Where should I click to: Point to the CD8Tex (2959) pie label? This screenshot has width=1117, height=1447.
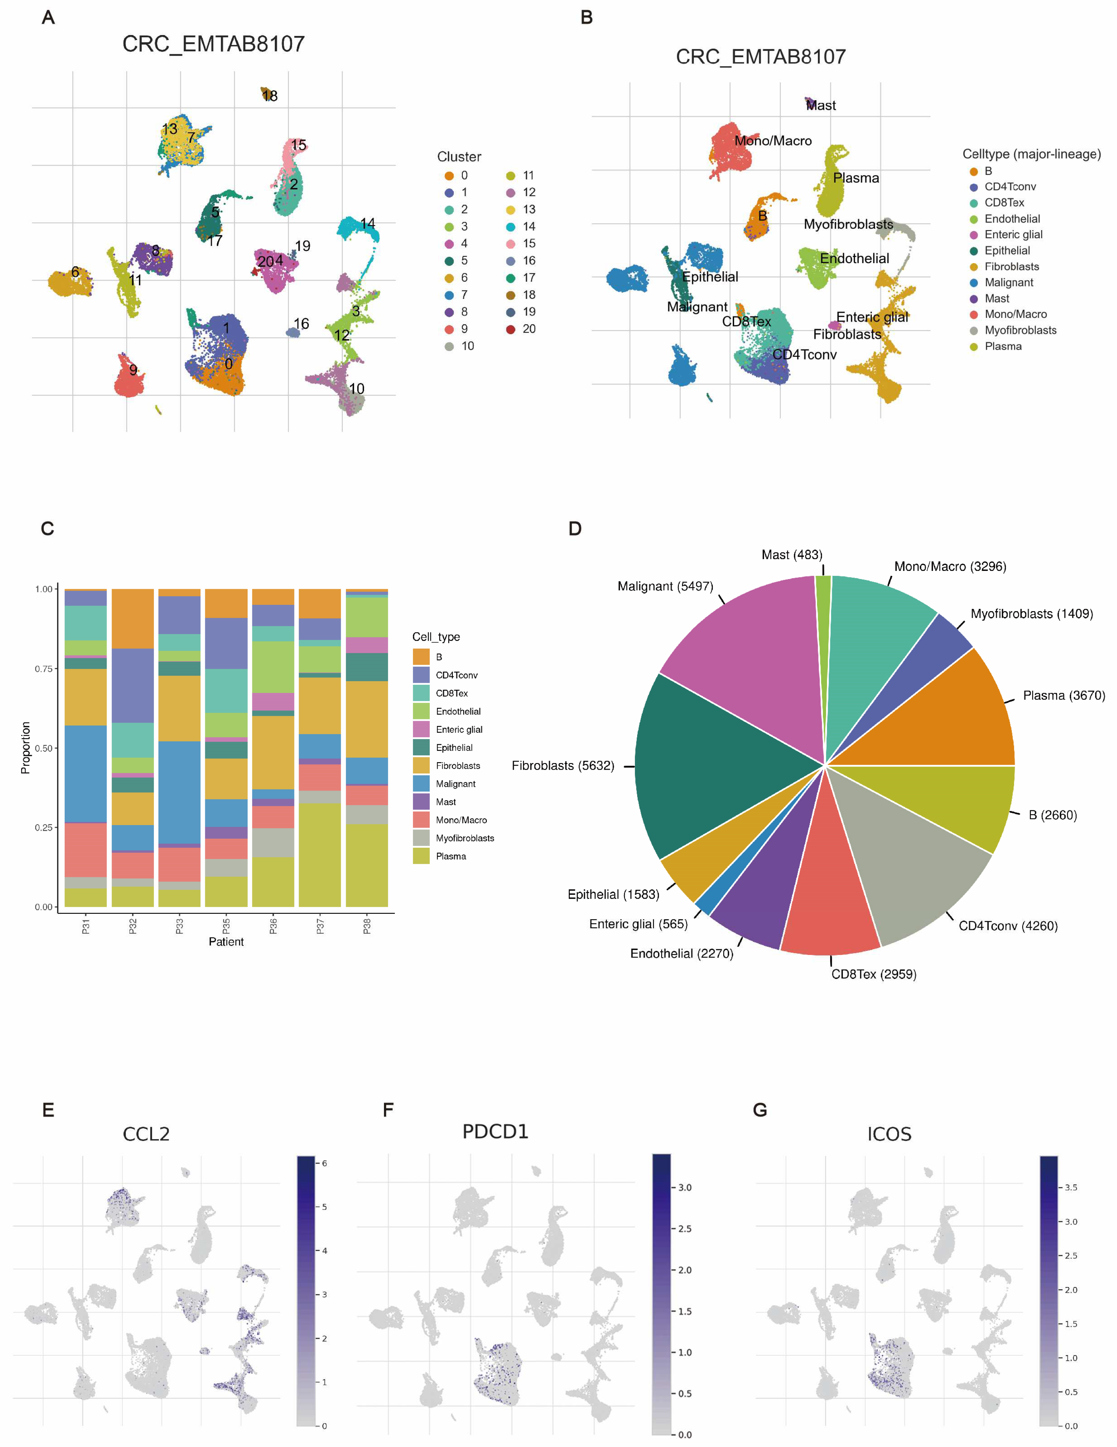tap(873, 974)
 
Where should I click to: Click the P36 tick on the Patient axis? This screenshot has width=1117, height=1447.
tap(273, 926)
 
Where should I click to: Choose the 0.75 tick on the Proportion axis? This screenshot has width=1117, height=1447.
tap(44, 669)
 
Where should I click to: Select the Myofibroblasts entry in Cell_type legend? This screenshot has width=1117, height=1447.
tap(464, 838)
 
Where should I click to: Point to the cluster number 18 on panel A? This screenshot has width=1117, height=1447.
tap(270, 96)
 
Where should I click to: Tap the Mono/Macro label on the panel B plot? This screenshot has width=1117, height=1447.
tap(772, 141)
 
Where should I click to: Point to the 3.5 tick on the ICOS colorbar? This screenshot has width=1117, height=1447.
tap(1071, 1187)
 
